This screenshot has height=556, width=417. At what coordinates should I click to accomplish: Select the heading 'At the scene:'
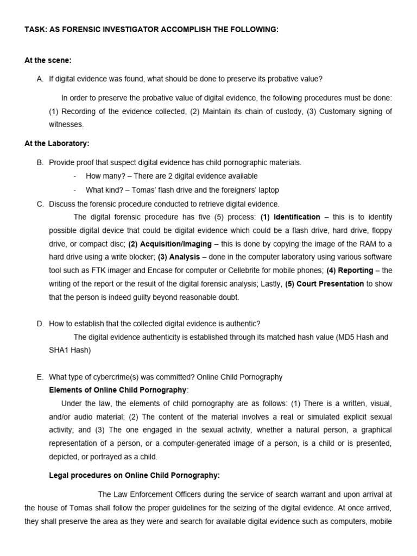click(48, 60)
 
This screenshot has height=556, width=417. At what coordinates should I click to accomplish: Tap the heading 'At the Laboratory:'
click(57, 144)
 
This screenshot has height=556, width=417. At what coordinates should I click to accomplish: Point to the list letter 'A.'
click(40, 79)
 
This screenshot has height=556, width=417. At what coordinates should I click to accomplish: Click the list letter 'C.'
click(40, 204)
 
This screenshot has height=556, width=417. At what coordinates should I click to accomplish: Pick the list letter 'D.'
click(40, 324)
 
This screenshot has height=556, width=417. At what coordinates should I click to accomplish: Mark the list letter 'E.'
click(40, 377)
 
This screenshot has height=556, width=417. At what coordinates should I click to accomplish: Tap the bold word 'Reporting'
click(356, 270)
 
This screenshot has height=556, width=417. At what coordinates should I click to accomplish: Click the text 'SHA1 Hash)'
click(70, 350)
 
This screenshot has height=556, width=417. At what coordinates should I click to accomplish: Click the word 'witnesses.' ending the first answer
click(66, 124)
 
